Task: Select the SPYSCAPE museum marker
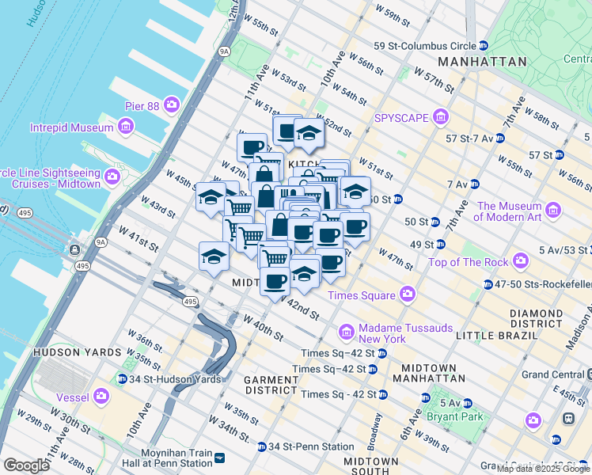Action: (x=441, y=118)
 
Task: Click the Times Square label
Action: (x=361, y=295)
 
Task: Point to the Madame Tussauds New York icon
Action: (x=346, y=330)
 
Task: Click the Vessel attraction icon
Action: (x=101, y=395)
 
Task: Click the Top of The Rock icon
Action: (x=521, y=260)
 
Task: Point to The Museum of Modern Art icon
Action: (x=553, y=210)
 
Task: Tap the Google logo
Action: (x=26, y=465)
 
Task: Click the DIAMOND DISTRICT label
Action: (x=536, y=319)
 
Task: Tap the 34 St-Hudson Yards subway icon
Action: (x=122, y=378)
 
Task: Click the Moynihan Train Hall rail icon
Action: (x=221, y=457)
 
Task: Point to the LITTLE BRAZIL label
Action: (x=492, y=336)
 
